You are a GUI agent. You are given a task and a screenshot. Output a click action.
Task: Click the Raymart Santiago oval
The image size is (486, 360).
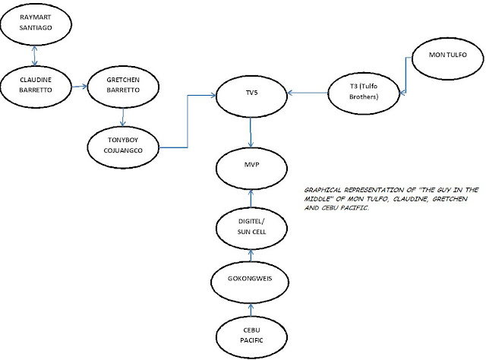point(36,24)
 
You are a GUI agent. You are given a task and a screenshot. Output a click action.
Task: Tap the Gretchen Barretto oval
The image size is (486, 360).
point(123,87)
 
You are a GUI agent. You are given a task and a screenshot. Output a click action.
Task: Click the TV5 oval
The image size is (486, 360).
point(251,96)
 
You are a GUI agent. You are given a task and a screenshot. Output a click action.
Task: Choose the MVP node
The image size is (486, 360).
point(251,169)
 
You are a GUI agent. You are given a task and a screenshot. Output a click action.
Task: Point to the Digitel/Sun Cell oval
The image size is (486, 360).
point(251,228)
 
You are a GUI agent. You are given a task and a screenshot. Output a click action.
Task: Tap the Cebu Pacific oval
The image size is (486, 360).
point(251,337)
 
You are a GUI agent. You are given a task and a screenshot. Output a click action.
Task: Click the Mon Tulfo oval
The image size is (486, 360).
point(447,58)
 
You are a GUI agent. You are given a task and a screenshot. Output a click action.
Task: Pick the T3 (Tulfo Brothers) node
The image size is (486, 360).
point(364,93)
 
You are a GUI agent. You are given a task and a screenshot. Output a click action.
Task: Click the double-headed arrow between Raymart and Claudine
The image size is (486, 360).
point(34,55)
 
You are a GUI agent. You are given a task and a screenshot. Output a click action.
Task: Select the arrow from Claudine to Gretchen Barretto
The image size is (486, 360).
point(80,87)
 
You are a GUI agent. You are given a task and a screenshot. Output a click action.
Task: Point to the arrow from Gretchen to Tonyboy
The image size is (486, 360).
point(123,117)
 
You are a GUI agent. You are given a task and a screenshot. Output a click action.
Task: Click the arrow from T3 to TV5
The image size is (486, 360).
point(308,93)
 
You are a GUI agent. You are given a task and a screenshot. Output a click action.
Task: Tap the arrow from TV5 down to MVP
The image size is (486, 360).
point(251,132)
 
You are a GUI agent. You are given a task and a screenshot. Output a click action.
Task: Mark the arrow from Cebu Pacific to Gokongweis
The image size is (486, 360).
point(251,310)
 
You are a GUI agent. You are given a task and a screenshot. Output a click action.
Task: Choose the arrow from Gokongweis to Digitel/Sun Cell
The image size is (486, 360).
point(251,255)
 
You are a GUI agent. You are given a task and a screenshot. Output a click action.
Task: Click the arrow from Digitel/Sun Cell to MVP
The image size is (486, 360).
point(251,198)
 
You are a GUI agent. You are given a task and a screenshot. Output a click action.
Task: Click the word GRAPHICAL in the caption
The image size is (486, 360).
point(322,190)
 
